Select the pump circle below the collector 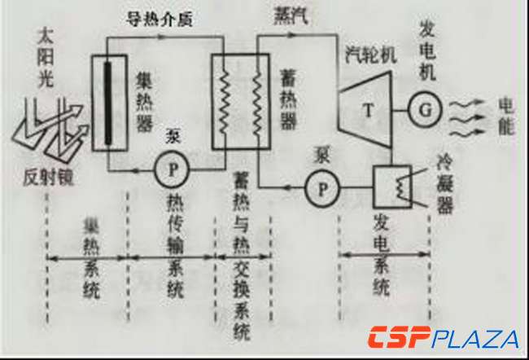(x=172, y=169)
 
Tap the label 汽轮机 (x=370, y=55)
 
